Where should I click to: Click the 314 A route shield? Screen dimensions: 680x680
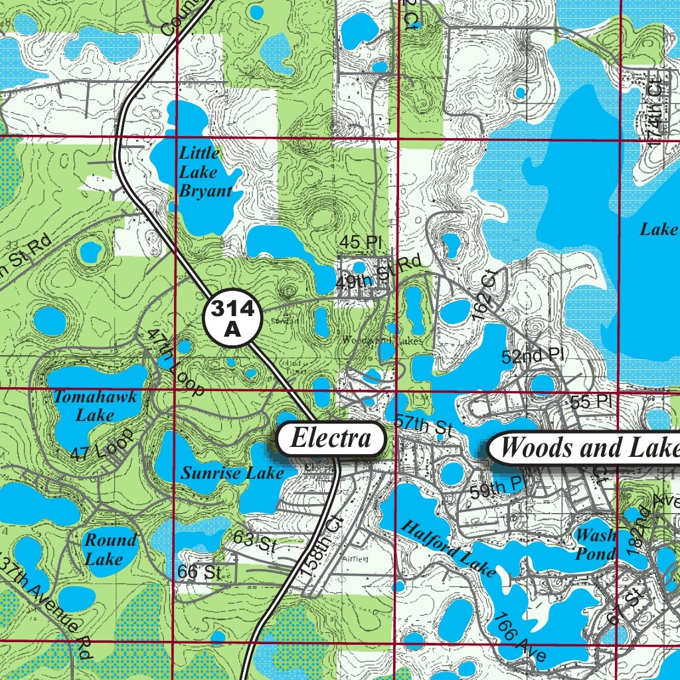(232, 319)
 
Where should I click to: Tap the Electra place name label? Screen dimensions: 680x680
(331, 438)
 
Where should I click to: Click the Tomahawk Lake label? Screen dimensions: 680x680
(95, 406)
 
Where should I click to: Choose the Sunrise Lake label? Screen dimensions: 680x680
(232, 473)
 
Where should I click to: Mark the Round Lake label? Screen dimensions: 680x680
(109, 549)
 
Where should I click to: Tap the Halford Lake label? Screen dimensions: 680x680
(448, 549)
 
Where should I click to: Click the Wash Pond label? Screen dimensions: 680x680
(595, 545)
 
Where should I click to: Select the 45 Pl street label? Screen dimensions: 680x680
(360, 242)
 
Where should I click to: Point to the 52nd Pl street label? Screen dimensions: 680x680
(532, 356)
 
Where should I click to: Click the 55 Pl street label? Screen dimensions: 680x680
(590, 401)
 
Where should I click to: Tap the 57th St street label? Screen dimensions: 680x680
(424, 426)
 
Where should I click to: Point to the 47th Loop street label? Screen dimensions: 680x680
(175, 362)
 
